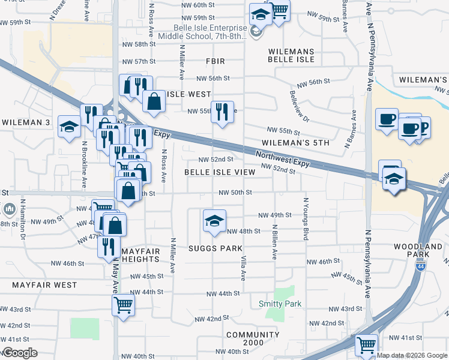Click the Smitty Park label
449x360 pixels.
(x=280, y=304)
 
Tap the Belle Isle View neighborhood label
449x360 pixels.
(x=220, y=172)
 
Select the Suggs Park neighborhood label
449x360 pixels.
(x=215, y=248)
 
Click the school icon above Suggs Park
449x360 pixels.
(x=214, y=221)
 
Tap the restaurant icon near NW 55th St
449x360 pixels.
(x=222, y=111)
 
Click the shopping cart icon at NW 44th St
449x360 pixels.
(x=123, y=305)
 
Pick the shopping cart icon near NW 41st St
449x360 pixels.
(x=366, y=345)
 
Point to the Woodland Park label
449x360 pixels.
(x=418, y=251)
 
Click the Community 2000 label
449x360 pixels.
(x=253, y=339)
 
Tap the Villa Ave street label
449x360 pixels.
(x=244, y=267)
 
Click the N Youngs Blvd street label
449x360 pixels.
(x=306, y=220)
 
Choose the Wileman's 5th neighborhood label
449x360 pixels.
(x=296, y=143)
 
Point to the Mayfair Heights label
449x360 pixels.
(x=140, y=254)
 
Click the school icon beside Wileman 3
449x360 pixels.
(x=69, y=127)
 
